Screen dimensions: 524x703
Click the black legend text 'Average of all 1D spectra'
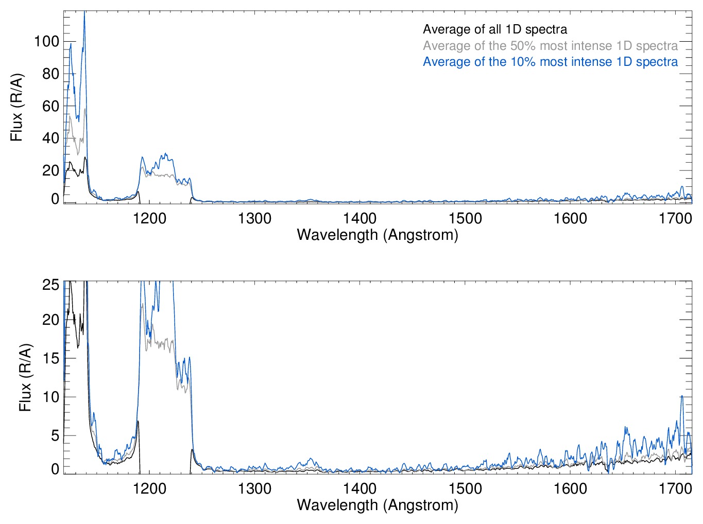[494, 30]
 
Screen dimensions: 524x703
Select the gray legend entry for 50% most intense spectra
[550, 46]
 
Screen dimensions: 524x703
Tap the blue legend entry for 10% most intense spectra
[550, 62]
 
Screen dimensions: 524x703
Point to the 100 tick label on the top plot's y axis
[46, 41]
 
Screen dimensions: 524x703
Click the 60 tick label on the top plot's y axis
[50, 106]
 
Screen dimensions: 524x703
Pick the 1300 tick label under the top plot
[254, 218]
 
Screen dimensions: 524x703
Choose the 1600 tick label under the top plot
[570, 218]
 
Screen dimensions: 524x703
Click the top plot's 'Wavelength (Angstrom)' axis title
[378, 235]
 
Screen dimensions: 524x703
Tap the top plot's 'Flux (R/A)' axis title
[16, 107]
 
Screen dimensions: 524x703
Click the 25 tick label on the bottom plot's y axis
[50, 285]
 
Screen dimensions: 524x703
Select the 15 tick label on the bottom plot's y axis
[50, 359]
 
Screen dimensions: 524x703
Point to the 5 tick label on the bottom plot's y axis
[55, 435]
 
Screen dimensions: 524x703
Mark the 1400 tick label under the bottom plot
[360, 488]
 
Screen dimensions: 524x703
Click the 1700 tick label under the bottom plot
[675, 488]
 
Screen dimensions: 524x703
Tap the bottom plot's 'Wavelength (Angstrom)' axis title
[378, 505]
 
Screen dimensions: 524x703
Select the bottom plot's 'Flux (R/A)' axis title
[25, 377]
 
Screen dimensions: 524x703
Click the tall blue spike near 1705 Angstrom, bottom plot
[682, 396]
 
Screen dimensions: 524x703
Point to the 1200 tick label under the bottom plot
[149, 488]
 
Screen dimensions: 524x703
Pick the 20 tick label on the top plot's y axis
[50, 170]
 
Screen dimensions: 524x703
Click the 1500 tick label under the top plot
[465, 218]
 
